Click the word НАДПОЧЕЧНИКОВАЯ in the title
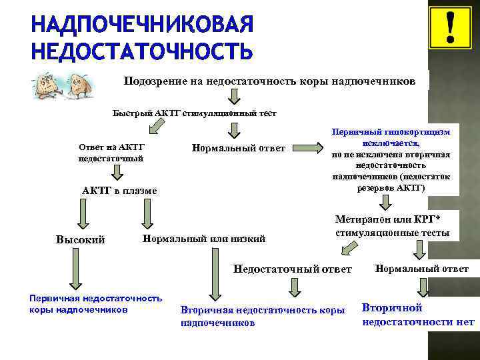(x=142, y=26)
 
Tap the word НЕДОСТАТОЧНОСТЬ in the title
(x=142, y=51)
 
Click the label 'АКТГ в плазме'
(x=120, y=191)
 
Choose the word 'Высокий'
(x=80, y=239)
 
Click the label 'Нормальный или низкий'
(x=205, y=238)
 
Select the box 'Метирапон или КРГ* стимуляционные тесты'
(x=392, y=227)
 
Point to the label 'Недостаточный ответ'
(x=292, y=269)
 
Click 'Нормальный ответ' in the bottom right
(x=421, y=269)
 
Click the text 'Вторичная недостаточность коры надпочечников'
(x=262, y=316)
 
